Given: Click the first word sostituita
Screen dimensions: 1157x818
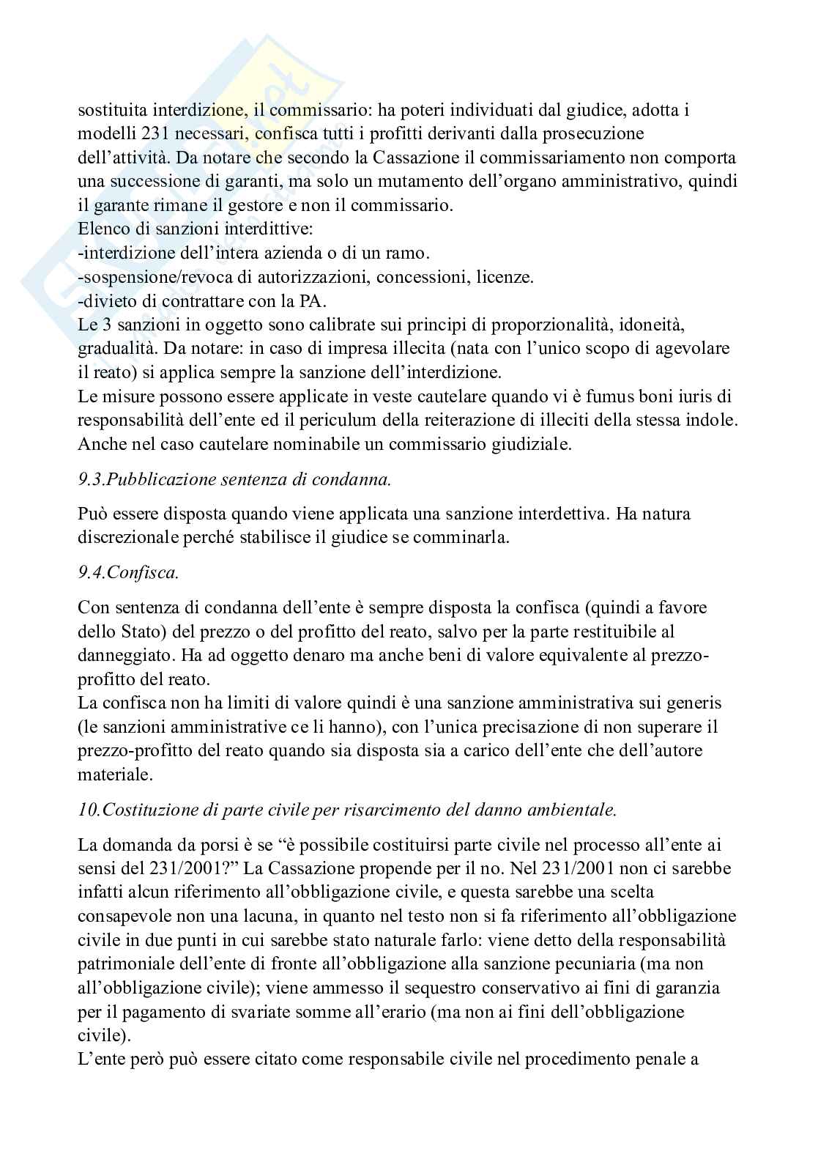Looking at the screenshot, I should click(112, 111).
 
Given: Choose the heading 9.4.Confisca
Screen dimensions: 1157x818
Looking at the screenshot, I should click(129, 572).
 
